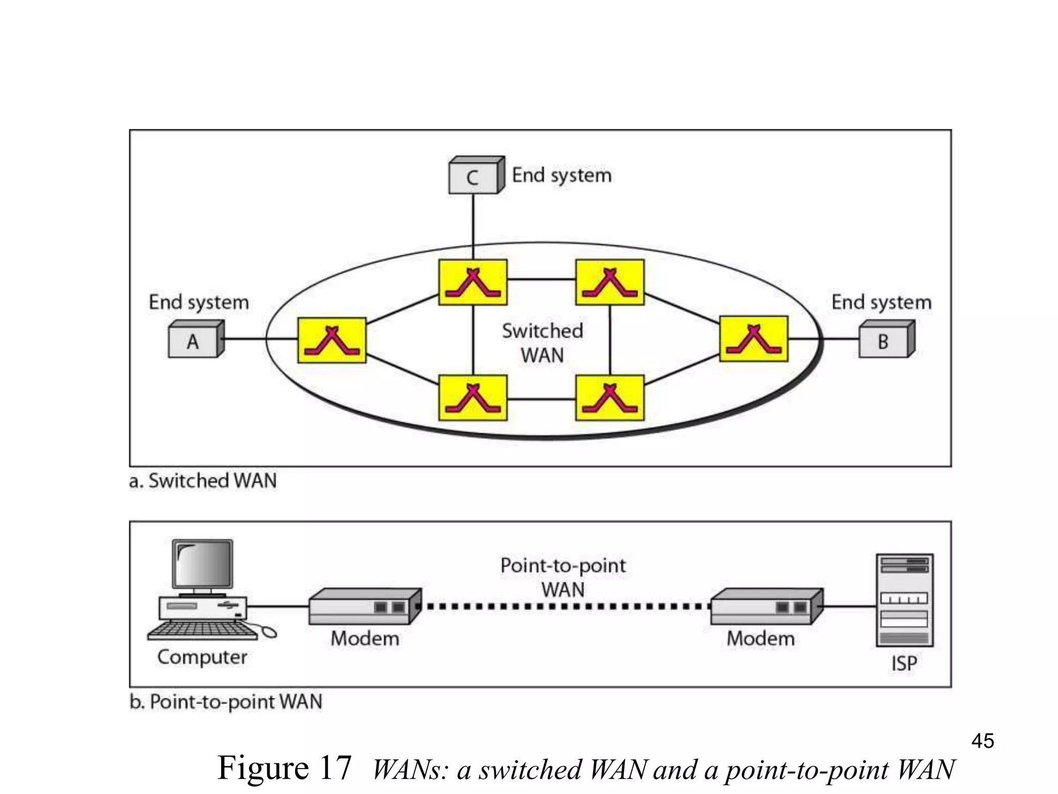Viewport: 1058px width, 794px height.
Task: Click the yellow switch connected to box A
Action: click(332, 340)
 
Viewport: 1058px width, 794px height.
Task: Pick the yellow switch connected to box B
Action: click(754, 339)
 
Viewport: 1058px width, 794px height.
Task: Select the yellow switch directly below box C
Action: click(473, 282)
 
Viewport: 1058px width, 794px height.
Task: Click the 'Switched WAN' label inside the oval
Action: click(542, 343)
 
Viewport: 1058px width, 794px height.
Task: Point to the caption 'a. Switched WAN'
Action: click(203, 481)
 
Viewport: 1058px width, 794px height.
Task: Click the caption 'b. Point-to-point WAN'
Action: click(226, 702)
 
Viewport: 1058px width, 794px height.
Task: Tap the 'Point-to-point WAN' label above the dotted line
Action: click(563, 577)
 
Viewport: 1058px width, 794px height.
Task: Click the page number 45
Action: click(983, 741)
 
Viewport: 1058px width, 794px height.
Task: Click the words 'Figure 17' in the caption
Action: click(285, 768)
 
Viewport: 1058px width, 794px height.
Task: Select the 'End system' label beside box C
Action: click(562, 176)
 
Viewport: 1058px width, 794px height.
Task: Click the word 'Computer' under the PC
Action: click(202, 658)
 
